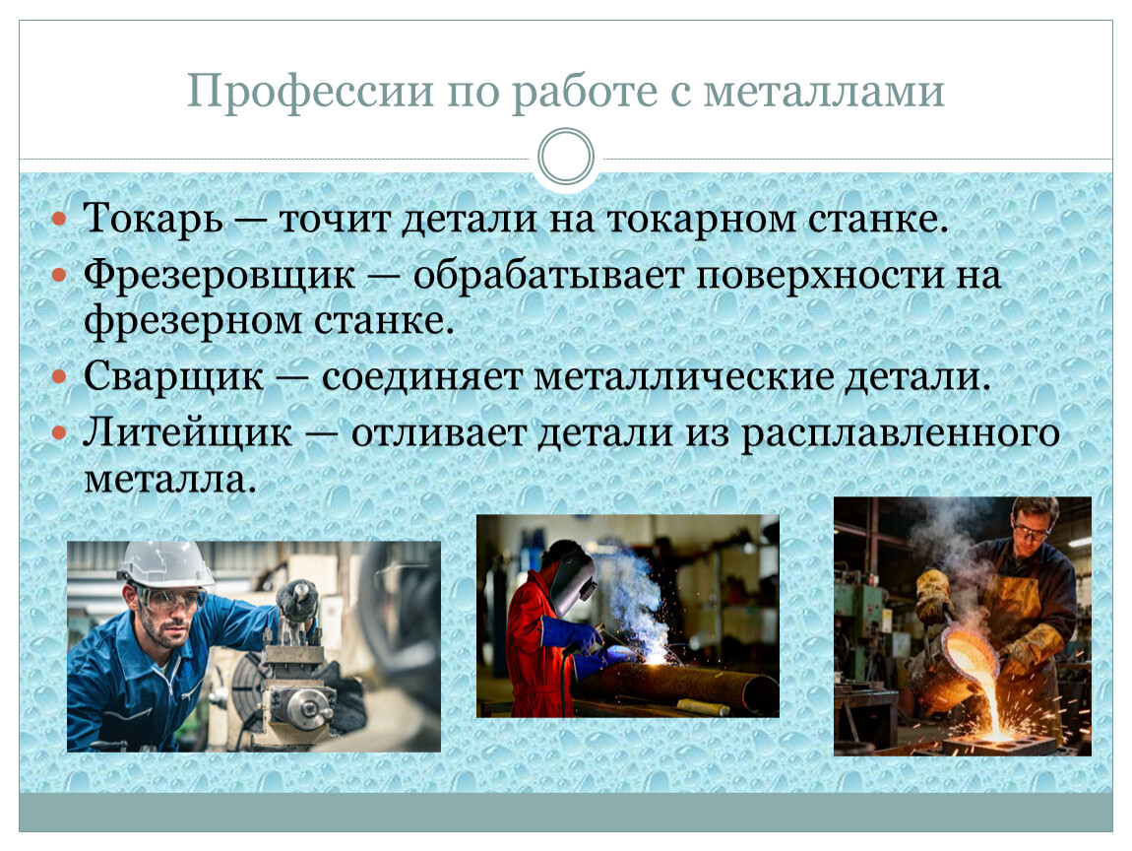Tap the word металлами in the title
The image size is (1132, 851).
(824, 93)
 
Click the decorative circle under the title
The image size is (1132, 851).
(566, 156)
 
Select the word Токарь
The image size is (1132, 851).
(153, 218)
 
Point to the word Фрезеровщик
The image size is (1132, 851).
(220, 276)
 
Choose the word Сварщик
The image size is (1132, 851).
(173, 376)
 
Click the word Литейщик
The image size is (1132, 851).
(188, 432)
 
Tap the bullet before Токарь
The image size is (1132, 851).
(59, 219)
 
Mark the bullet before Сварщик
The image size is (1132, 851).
(59, 376)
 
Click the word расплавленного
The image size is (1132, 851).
(901, 434)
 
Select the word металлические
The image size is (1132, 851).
(684, 377)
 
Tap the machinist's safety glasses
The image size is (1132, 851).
(174, 598)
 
